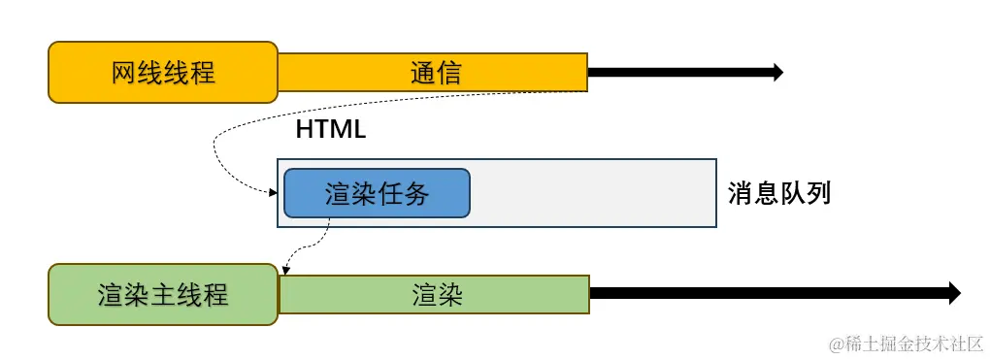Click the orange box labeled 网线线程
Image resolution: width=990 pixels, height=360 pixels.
163,72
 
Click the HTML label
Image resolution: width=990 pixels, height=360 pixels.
330,129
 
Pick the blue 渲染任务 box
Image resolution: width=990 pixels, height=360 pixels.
377,193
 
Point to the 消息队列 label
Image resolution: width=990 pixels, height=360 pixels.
779,193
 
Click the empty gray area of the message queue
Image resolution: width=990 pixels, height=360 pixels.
592,193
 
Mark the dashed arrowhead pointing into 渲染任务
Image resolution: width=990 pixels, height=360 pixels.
274,193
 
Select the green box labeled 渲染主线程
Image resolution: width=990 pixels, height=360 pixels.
163,294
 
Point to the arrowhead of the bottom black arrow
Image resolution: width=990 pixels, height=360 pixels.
954,293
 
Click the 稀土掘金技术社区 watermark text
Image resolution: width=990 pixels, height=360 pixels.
914,344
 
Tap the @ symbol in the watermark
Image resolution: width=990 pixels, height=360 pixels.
834,344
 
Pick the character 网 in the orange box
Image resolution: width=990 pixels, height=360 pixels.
123,72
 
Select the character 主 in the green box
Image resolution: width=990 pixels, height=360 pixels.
163,294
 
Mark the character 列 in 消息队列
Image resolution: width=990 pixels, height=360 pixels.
818,193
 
